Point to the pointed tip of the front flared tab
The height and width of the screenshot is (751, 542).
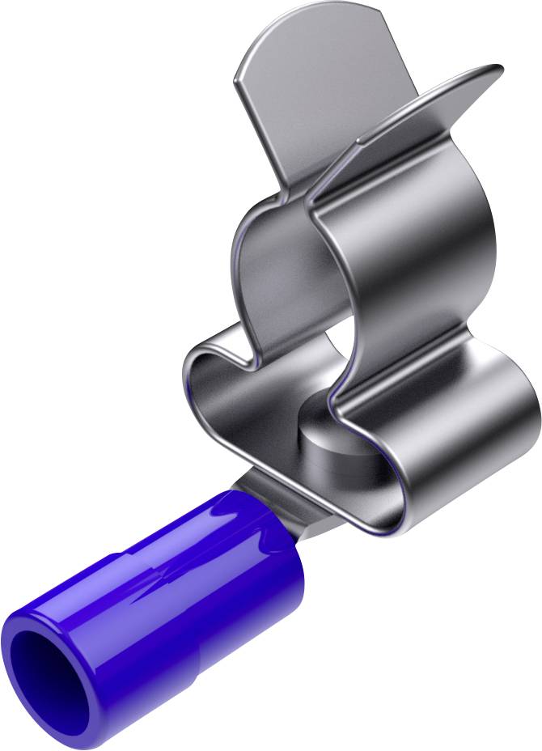(x=495, y=69)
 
